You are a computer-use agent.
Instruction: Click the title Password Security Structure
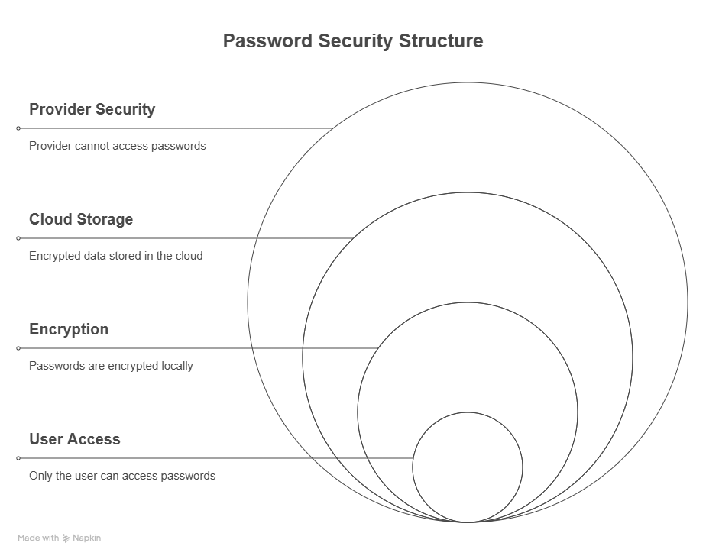point(352,41)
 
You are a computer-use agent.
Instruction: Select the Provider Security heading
point(92,109)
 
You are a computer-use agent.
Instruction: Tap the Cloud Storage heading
point(81,219)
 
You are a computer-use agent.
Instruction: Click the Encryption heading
point(69,329)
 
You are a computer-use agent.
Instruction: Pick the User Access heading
point(75,439)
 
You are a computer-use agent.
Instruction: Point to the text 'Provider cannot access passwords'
point(118,146)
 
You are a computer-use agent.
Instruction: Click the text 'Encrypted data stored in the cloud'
point(116,256)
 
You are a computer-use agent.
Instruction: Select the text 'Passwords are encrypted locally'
point(111,366)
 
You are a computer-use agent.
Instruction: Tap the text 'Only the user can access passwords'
point(122,476)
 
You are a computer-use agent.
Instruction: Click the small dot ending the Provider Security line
point(18,128)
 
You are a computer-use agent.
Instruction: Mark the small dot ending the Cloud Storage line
point(18,238)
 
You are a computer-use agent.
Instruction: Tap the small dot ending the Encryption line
point(18,348)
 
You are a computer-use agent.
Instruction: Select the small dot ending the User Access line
point(18,458)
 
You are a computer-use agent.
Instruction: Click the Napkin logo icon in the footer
point(66,538)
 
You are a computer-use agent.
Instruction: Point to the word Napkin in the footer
point(86,538)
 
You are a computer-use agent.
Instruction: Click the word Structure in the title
point(441,41)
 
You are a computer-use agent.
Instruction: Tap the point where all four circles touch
point(468,522)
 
